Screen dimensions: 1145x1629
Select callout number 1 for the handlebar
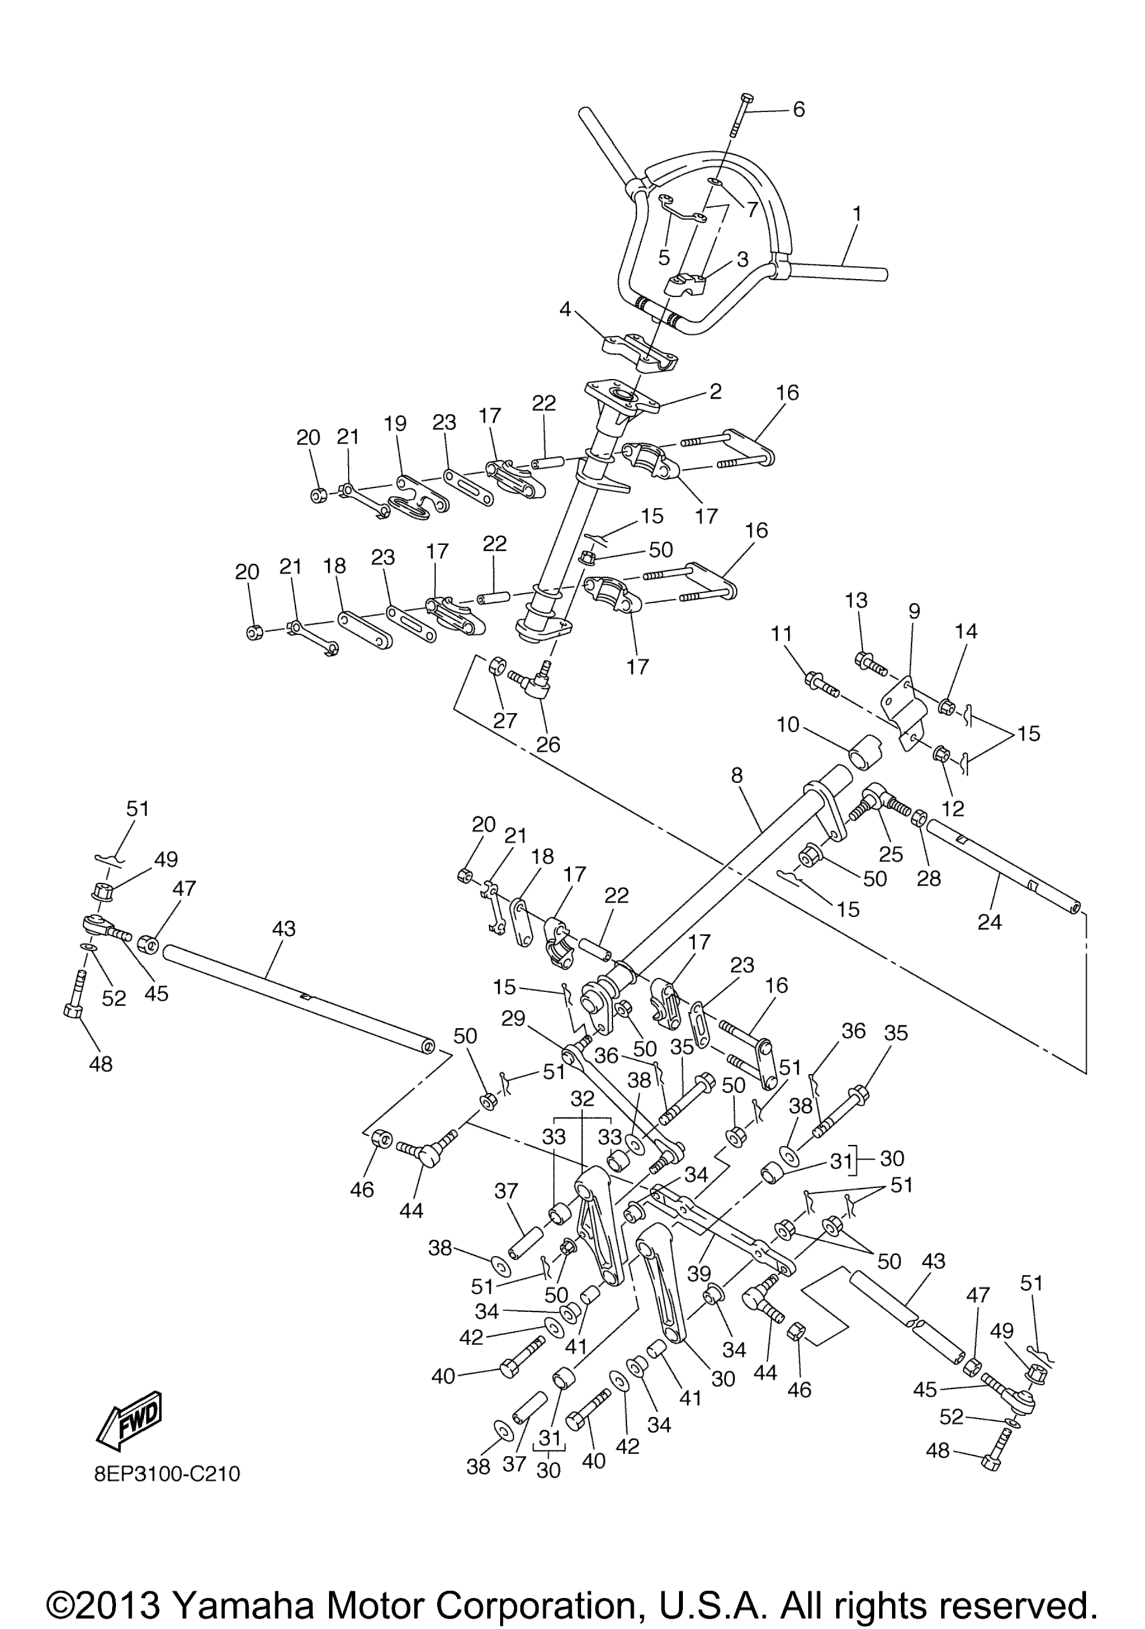[x=858, y=213]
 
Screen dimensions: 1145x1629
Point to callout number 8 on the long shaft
[x=737, y=775]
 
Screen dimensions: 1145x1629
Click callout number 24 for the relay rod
[x=990, y=922]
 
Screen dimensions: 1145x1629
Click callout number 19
[x=395, y=423]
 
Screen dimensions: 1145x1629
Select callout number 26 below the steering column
[x=548, y=744]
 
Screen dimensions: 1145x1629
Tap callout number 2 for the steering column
[x=716, y=392]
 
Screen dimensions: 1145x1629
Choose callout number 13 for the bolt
[x=856, y=600]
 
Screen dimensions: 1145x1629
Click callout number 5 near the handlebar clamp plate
[x=664, y=255]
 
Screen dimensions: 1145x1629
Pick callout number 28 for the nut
[x=929, y=878]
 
